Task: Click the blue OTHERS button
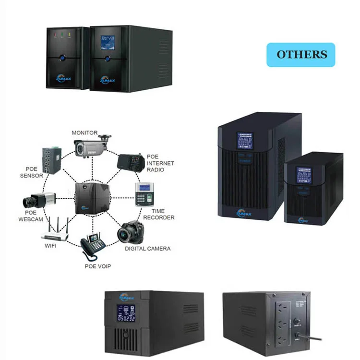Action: point(301,54)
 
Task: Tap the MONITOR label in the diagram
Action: point(84,132)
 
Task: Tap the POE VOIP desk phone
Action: point(92,247)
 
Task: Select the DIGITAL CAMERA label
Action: point(147,249)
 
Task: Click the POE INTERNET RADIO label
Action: point(160,163)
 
